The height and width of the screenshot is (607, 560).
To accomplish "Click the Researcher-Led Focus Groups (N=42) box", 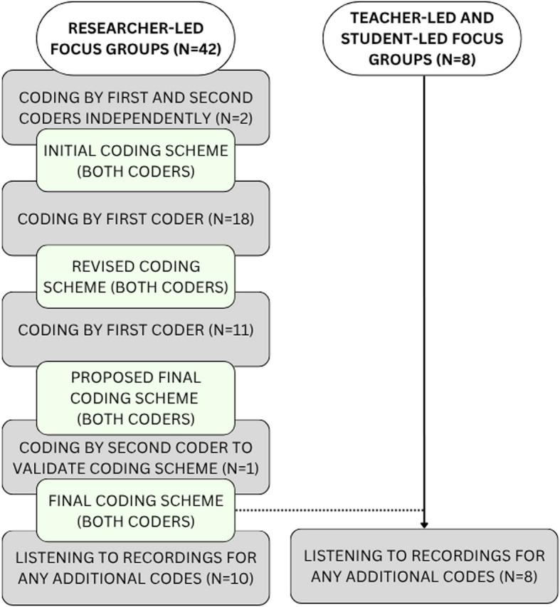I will coord(135,39).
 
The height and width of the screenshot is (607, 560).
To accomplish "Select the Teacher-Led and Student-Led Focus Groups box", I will coord(421,39).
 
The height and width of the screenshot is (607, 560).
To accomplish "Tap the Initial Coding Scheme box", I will coord(135,161).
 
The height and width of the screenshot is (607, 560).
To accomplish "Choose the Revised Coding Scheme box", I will coord(135,277).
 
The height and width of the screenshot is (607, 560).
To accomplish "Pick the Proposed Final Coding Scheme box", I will coord(135,398).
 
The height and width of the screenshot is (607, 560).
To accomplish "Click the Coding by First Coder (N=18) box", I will coord(135,219).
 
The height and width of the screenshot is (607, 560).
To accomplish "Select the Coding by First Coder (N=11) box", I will coord(135,331).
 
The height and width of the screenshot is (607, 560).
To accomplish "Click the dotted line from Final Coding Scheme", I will coord(327,510).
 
